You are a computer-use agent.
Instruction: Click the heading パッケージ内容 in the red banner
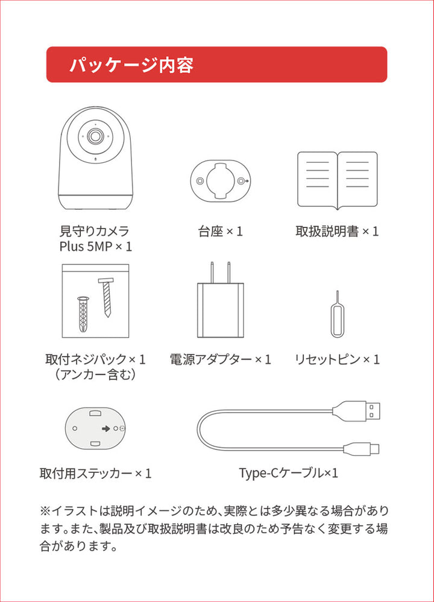coord(131,65)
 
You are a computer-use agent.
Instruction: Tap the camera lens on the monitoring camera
coord(95,136)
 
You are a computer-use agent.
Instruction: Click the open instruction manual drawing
coord(337,180)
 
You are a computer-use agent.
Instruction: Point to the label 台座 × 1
coord(220,231)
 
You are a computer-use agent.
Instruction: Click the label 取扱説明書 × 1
coord(337,231)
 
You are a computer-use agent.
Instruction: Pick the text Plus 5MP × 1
coord(95,246)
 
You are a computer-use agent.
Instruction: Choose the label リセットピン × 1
coord(337,360)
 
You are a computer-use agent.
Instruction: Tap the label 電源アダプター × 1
coord(220,360)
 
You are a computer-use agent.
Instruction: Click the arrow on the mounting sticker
coord(106,429)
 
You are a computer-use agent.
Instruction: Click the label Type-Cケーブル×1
coord(288,473)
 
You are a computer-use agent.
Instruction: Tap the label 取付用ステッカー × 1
coord(95,473)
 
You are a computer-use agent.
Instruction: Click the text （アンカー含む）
coord(95,375)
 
